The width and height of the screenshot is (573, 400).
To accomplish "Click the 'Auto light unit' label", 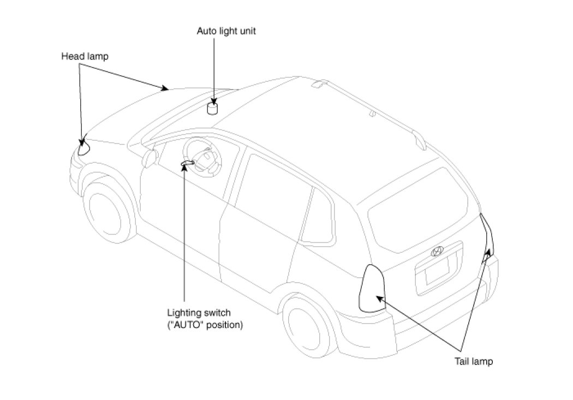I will (226, 31).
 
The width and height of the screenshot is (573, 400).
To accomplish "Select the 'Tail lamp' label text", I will (474, 361).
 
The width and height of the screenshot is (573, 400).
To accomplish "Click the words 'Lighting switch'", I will (199, 313).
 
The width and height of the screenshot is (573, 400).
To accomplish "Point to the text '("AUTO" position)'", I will (205, 325).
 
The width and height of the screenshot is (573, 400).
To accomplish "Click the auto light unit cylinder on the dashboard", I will (212, 109).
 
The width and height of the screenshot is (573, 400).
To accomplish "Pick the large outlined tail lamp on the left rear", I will (372, 288).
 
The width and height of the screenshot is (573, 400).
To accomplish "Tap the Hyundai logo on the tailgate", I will (438, 251).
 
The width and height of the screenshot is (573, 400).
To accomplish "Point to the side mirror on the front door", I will (148, 158).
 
